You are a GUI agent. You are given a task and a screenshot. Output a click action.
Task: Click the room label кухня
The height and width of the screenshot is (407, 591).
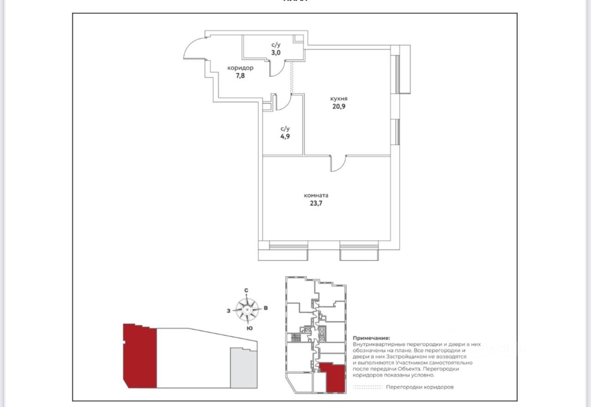point(339,99)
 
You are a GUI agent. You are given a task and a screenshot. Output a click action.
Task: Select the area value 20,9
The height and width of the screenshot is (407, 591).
point(339,106)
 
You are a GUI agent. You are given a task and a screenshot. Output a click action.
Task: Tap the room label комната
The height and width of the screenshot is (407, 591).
point(316,195)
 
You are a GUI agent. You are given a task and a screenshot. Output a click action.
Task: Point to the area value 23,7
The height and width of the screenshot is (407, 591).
point(316,203)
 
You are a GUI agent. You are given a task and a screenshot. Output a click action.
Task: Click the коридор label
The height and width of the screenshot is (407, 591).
point(241,68)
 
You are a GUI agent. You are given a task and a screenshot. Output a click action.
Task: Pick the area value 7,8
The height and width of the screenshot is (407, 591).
point(240,76)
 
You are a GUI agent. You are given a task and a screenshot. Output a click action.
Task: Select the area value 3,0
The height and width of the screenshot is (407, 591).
point(276,53)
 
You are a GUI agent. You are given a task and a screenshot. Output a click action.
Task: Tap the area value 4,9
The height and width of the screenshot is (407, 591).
point(285,136)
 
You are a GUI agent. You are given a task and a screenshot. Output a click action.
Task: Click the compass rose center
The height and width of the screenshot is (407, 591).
point(247,310)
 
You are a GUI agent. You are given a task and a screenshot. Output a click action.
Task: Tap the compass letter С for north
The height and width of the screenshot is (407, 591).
point(246,290)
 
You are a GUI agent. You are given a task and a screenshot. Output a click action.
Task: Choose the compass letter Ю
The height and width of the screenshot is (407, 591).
point(250,328)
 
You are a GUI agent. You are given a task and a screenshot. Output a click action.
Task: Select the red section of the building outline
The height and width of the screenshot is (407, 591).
point(140,356)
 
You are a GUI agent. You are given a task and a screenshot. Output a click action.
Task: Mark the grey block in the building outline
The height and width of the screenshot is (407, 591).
point(244,368)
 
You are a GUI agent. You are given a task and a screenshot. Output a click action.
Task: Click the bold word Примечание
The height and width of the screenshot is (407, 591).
point(371,338)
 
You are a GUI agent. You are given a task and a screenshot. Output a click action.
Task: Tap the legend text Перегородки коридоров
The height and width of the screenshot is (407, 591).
point(420,387)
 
